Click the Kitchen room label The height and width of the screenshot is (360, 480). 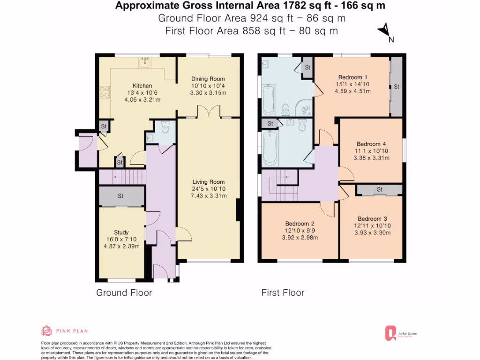coord(142,86)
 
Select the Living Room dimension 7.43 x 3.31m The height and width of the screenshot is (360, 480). coord(209,196)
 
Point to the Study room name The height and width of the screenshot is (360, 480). coord(121,232)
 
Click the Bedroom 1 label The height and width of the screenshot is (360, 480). coord(352,77)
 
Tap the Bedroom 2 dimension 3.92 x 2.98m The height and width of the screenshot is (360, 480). coord(300,238)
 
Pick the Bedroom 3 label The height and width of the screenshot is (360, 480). coord(372,219)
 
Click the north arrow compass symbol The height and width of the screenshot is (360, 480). coord(384,30)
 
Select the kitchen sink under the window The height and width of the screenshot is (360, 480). coord(145,61)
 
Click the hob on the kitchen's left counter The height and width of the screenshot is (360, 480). coord(105,94)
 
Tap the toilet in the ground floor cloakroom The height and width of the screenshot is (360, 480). coord(164,127)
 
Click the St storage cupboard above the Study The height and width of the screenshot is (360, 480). coord(121,196)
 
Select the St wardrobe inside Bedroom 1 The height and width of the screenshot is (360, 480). coord(396,87)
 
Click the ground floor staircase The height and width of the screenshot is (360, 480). coord(123,177)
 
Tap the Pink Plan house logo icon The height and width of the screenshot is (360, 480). coord(46,331)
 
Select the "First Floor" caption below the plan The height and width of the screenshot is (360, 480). coord(283,293)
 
